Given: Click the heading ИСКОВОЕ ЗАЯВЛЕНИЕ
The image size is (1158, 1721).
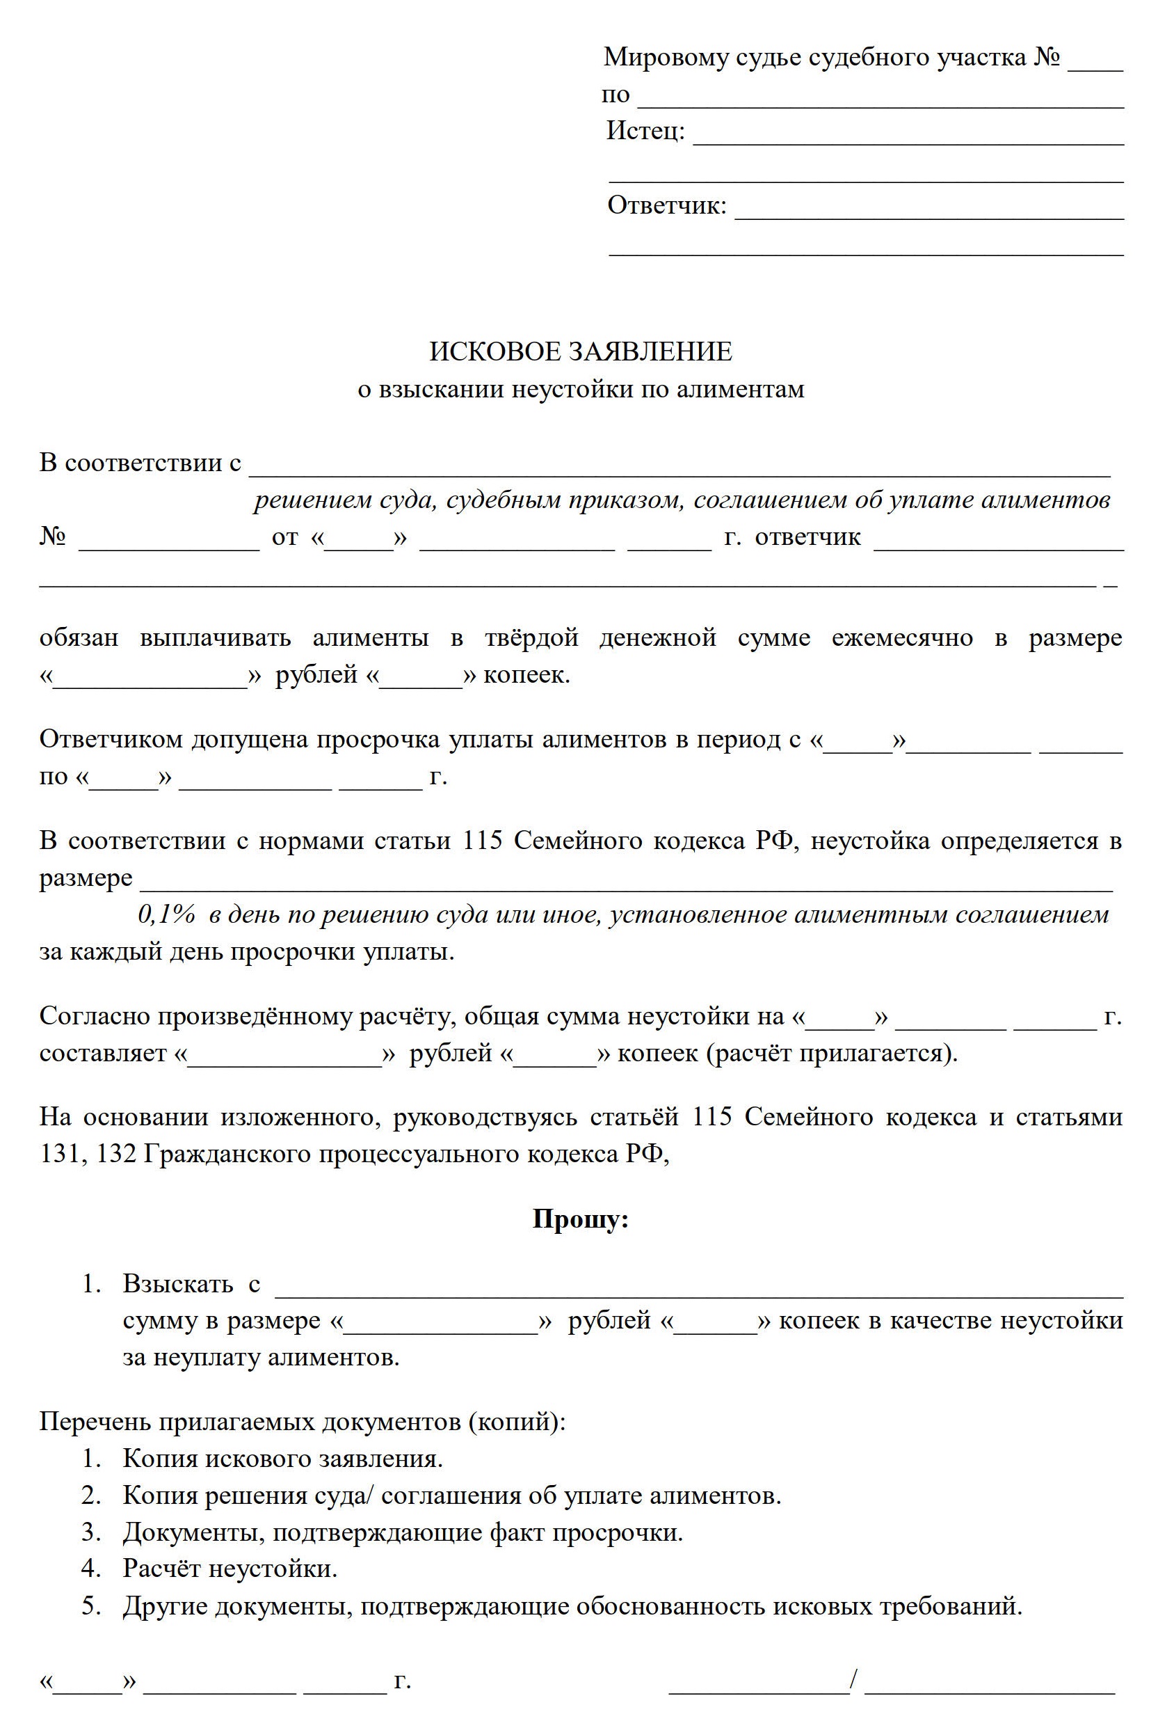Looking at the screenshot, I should click(x=581, y=351).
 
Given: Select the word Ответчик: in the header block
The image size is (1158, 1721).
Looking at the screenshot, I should click(x=666, y=205).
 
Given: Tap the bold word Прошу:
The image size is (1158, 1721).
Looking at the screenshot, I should click(x=581, y=1219).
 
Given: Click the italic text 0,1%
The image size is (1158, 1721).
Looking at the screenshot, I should click(x=166, y=915).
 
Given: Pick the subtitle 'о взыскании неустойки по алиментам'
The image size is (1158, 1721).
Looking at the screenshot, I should click(x=581, y=389).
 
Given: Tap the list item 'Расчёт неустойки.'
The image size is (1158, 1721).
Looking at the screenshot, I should click(x=230, y=1567).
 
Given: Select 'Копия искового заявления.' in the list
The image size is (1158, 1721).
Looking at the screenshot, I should click(x=283, y=1458).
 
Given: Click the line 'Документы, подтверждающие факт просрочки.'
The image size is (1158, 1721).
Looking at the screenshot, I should click(x=403, y=1531).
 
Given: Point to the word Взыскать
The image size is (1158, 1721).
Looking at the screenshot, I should click(x=177, y=1283).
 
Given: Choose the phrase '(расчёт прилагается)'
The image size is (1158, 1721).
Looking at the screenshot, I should click(x=832, y=1052).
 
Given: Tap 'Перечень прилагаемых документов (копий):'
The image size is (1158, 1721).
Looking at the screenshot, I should click(x=302, y=1421).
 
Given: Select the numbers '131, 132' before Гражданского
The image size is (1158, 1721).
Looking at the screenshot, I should click(x=87, y=1154).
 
